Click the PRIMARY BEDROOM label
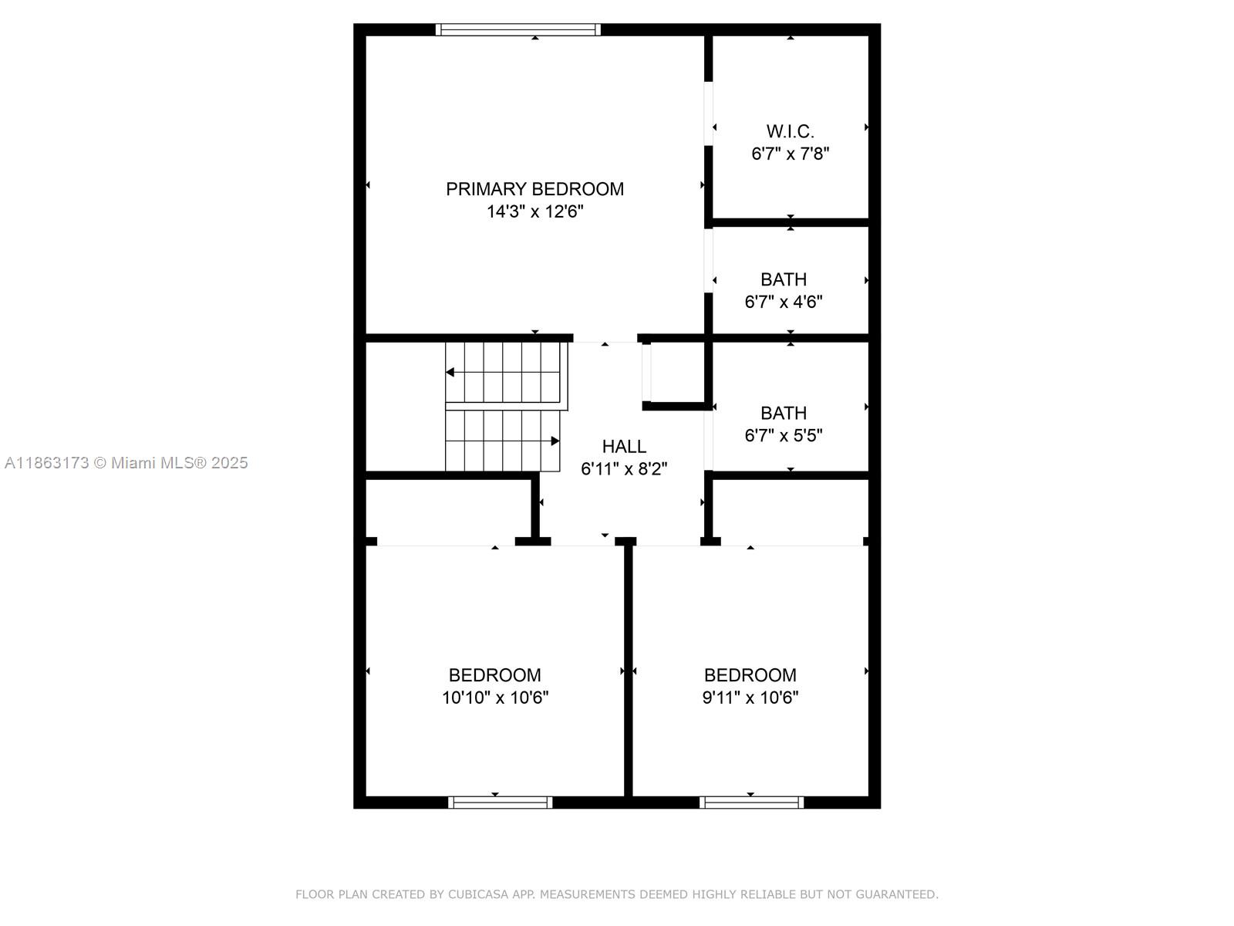click(x=534, y=189)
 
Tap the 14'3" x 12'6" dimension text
click(x=534, y=211)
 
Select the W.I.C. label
click(x=790, y=131)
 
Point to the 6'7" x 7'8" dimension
click(x=790, y=154)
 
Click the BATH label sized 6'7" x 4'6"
click(x=784, y=279)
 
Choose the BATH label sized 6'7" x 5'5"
click(x=784, y=413)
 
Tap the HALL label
click(x=624, y=446)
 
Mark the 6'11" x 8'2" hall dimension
click(x=624, y=468)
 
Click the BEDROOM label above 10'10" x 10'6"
click(x=494, y=675)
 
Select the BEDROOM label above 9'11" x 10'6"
click(x=750, y=675)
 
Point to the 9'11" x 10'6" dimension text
click(x=750, y=698)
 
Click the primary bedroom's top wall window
click(x=518, y=30)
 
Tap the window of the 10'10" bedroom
click(x=500, y=803)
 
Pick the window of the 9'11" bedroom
click(x=751, y=803)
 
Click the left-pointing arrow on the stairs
click(x=450, y=373)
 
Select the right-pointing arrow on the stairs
click(x=555, y=441)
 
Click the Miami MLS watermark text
click(x=126, y=463)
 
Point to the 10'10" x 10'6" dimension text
click(x=494, y=698)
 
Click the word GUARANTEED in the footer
click(x=899, y=894)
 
